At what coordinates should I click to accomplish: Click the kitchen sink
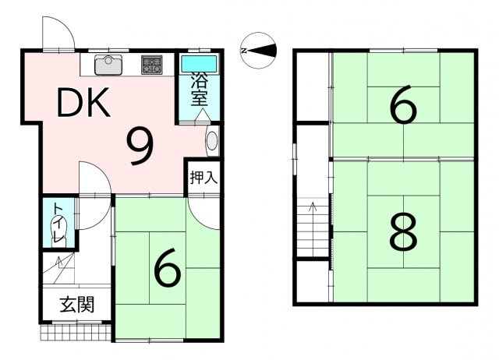pos(108,65)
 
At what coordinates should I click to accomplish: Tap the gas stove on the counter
pos(152,65)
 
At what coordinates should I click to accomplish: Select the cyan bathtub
pos(199,64)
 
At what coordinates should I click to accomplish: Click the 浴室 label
pos(200,90)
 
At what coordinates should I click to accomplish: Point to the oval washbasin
pos(212,141)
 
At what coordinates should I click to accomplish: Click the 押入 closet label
pos(203,177)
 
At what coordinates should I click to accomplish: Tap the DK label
pos(83,102)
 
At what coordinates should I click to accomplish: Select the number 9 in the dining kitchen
pos(140,147)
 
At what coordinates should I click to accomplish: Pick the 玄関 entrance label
pos(77,305)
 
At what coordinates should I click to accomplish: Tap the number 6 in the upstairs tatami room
pos(403,104)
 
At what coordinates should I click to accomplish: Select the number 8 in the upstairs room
pos(403,231)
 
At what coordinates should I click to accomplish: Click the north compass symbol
pos(258,50)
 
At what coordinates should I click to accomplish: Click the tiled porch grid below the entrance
pos(76,333)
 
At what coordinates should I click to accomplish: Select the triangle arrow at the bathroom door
pos(202,115)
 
